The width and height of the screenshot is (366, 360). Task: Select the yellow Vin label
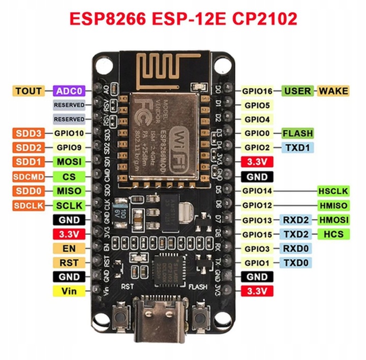click(69, 291)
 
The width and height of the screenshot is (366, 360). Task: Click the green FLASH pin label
click(297, 133)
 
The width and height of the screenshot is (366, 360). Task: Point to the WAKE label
click(333, 91)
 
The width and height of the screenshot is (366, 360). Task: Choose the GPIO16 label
click(257, 91)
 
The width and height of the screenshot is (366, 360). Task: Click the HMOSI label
click(333, 220)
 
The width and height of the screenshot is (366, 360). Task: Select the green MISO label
click(69, 191)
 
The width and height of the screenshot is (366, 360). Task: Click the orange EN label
click(69, 249)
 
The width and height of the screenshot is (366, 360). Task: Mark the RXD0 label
click(295, 249)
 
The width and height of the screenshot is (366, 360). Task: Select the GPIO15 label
click(257, 234)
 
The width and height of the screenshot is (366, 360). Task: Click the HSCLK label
click(333, 191)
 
